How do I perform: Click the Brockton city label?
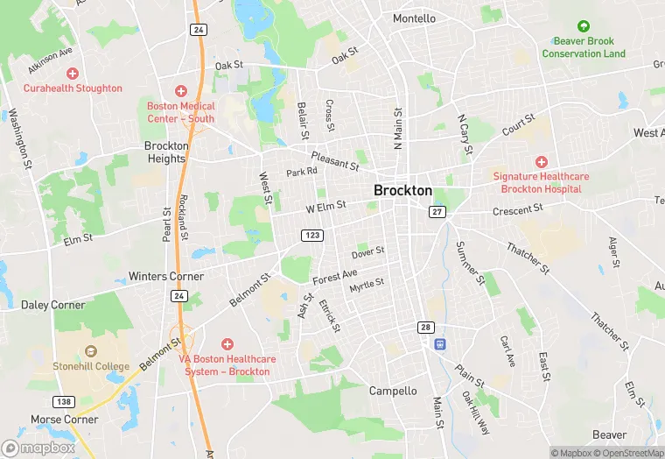click(402, 190)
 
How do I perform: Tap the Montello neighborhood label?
click(414, 18)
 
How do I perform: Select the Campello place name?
click(393, 391)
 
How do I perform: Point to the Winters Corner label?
click(166, 276)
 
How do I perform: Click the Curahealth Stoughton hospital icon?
click(73, 74)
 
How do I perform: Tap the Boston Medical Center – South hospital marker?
click(181, 91)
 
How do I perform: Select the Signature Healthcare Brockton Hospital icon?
click(541, 162)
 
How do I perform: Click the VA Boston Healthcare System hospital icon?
click(227, 344)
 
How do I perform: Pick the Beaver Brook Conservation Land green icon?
click(584, 26)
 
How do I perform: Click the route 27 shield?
click(437, 212)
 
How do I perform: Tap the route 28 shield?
click(426, 327)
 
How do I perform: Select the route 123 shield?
click(312, 236)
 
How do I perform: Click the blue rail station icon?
click(440, 343)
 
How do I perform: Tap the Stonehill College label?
click(91, 366)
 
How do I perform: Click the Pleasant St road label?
click(335, 161)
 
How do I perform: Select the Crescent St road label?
click(518, 211)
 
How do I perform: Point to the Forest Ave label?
click(335, 277)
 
